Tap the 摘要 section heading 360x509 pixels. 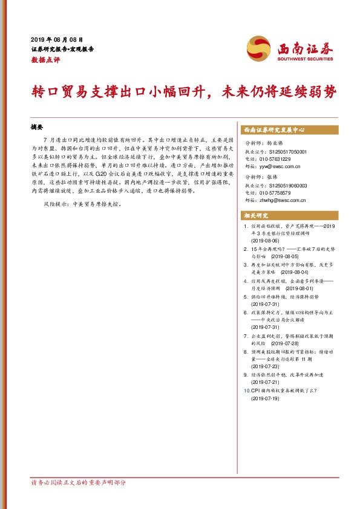click(37, 128)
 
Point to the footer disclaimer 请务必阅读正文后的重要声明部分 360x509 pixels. click(79, 483)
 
